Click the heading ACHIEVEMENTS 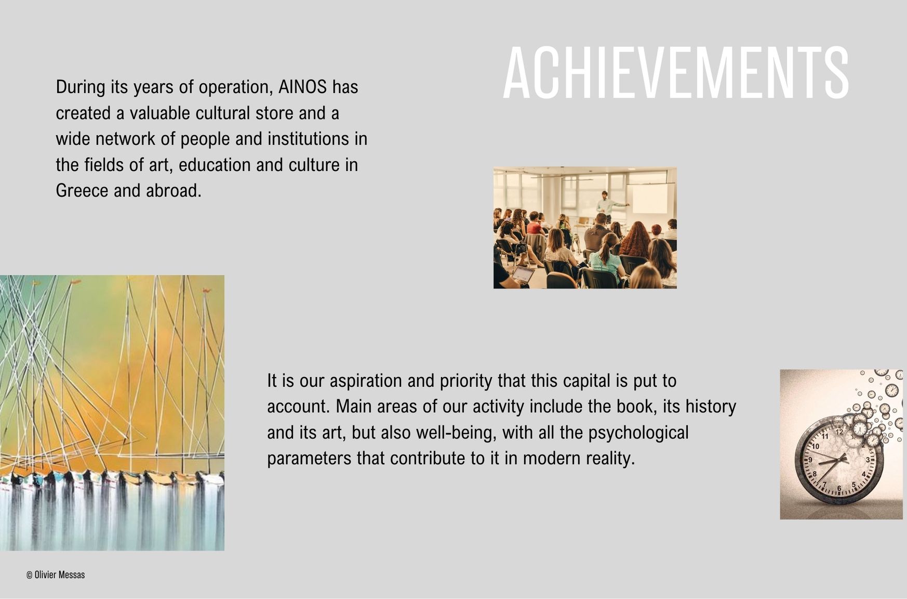coord(676,72)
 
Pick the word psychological coord(638,433)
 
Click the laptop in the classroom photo coord(522,274)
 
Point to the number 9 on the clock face coord(810,460)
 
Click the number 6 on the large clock coord(839,489)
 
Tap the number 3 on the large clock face coord(868,460)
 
